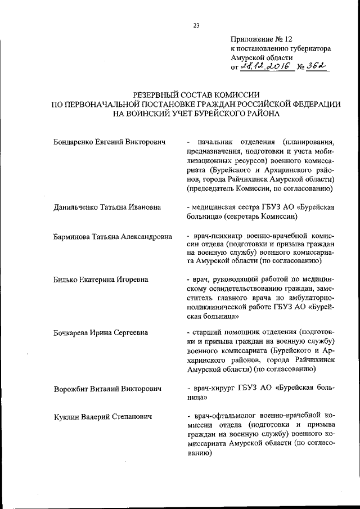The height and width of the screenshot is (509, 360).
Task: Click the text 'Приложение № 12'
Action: pos(262,39)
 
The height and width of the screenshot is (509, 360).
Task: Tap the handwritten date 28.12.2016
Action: pos(265,67)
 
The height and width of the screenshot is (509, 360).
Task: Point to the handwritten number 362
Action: pos(317,67)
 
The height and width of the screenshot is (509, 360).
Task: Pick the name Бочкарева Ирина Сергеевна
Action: pos(101,332)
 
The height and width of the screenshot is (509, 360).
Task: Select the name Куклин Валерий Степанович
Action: pos(103,417)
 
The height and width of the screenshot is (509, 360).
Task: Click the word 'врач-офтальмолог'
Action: pos(224,417)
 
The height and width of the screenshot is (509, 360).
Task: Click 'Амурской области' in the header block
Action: pos(262,58)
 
